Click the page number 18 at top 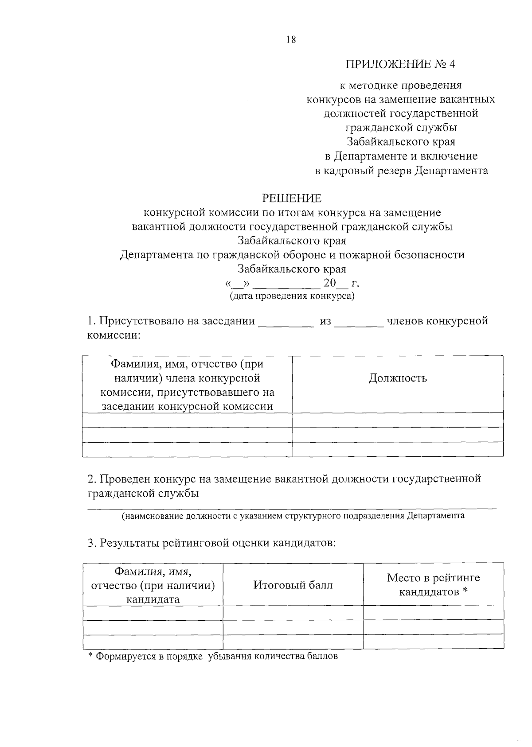click(291, 39)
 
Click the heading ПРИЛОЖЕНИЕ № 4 click(400, 64)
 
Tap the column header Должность click(398, 378)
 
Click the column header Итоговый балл click(293, 585)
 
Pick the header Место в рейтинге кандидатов click(433, 584)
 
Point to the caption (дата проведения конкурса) click(292, 296)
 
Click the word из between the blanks click(325, 321)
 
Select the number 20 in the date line click(330, 283)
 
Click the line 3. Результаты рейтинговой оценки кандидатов click(211, 543)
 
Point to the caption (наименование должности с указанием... click(293, 516)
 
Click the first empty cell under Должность click(398, 420)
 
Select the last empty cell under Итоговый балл click(293, 641)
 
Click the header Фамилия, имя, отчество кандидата click(153, 585)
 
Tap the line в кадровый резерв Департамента click(401, 171)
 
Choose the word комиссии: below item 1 click(113, 335)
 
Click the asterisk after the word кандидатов click(465, 591)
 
